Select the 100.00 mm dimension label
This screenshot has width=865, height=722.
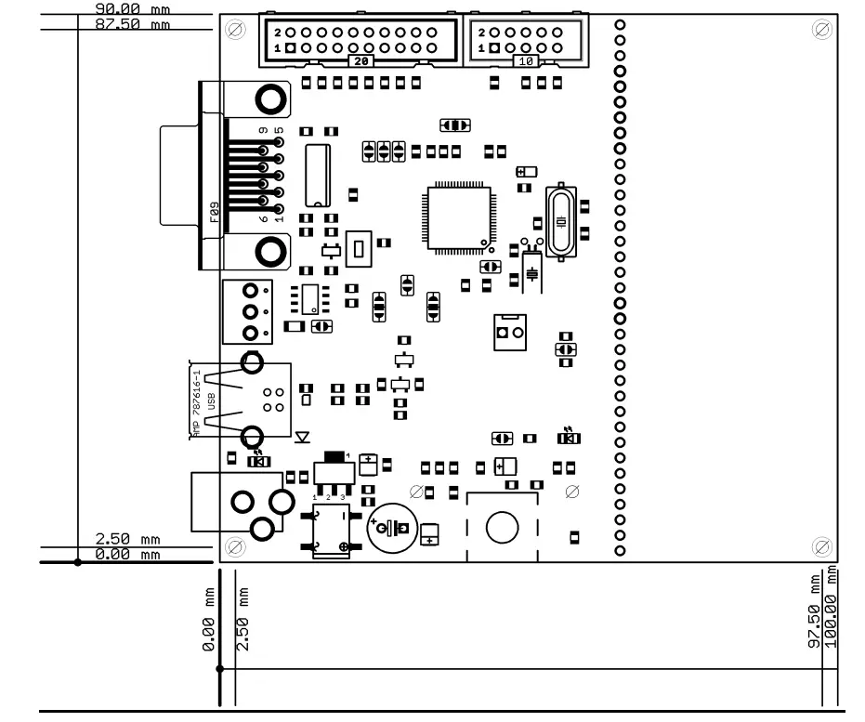coord(832,615)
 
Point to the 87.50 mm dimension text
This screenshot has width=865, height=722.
coord(133,23)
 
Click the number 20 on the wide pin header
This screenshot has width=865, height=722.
coord(360,60)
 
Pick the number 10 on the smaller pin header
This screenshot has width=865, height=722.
coord(525,60)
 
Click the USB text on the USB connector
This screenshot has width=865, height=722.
coord(212,400)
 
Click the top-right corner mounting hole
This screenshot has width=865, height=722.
coord(821,29)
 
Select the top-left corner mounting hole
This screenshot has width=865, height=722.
coord(235,29)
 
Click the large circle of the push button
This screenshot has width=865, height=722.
coord(501,528)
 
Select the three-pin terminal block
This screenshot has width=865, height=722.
coord(249,312)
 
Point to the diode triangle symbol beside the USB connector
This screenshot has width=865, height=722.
coord(301,435)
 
